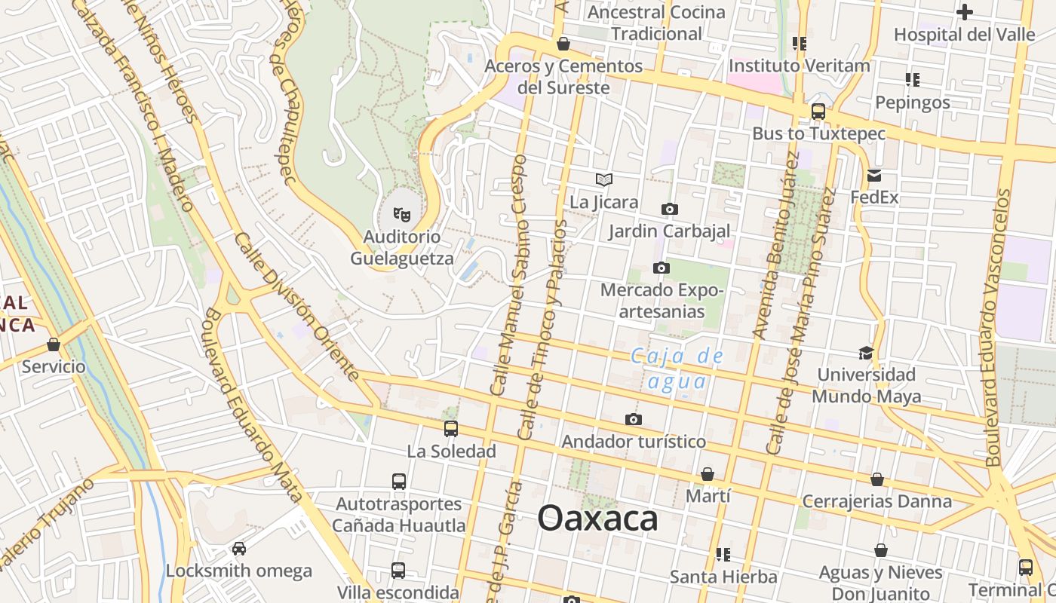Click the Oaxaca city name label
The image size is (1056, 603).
point(597,519)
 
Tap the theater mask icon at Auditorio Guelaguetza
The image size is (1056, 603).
point(402,216)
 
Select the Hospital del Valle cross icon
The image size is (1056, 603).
point(964,12)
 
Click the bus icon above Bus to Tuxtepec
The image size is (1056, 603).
point(818,112)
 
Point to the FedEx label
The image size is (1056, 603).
point(874,197)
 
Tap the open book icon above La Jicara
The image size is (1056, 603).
point(603,179)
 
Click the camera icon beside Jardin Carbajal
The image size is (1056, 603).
point(669,209)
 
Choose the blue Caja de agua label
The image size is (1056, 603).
point(677,369)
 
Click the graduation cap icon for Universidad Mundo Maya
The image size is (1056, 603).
point(866,353)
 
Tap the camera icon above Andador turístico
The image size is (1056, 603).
point(634,419)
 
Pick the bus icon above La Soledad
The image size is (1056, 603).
point(451,429)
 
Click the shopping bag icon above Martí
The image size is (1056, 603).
point(708,474)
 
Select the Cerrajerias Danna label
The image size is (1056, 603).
point(876,501)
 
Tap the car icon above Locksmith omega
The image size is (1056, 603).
point(238,548)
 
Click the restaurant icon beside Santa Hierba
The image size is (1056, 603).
point(723,555)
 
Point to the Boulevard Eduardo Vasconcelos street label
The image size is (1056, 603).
point(997,328)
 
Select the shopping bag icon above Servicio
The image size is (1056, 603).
point(53,344)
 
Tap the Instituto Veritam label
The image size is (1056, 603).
point(799,66)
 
